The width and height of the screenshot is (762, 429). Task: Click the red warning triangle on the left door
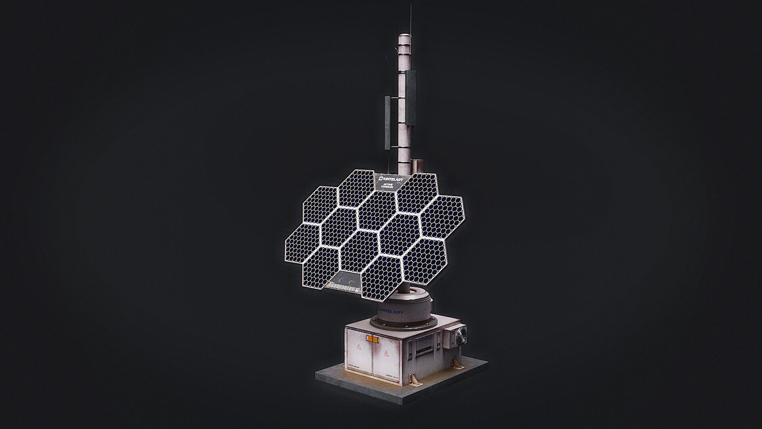tap(359, 346)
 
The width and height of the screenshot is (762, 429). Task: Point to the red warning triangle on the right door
tap(385, 353)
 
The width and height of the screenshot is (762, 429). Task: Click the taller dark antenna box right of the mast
tap(411, 97)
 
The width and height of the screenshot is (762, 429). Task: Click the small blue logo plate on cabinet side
tap(424, 340)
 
